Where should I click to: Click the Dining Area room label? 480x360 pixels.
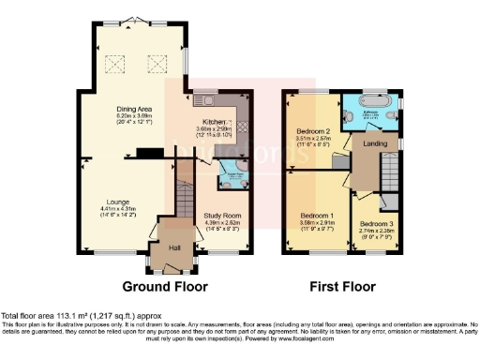(x=135, y=109)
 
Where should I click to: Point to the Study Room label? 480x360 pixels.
(x=222, y=215)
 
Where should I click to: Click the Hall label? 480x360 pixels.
(x=173, y=247)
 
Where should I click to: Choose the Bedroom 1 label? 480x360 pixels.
(x=317, y=215)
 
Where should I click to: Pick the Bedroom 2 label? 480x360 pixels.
(x=313, y=130)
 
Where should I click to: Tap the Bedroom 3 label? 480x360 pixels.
(x=377, y=224)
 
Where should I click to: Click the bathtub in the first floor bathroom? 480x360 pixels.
(x=379, y=106)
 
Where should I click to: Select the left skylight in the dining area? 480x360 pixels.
(x=118, y=64)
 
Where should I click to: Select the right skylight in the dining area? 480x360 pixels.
(x=157, y=64)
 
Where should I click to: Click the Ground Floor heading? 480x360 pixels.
(x=165, y=286)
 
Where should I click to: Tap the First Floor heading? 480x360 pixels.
(x=344, y=286)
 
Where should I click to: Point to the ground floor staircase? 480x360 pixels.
(x=185, y=200)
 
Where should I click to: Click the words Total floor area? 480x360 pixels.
(x=27, y=316)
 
